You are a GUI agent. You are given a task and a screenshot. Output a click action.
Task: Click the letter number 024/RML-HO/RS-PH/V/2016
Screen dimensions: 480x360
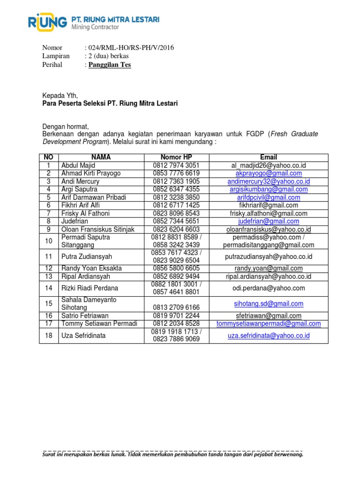[129, 48]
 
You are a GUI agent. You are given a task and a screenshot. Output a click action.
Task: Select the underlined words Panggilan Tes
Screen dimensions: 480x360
[110, 65]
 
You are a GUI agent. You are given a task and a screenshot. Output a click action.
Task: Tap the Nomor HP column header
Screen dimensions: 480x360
[176, 157]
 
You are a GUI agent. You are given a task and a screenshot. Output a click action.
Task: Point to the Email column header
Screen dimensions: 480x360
[269, 157]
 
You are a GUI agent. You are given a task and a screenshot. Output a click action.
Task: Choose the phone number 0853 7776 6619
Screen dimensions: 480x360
[176, 173]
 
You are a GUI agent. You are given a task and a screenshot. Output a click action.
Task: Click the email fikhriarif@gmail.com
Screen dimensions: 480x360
[269, 205]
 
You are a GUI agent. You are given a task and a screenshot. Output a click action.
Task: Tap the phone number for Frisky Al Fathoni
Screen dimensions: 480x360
[176, 213]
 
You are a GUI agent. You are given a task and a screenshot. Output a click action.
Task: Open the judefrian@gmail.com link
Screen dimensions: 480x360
[269, 221]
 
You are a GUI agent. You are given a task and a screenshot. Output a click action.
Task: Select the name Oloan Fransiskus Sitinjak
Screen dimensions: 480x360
[98, 229]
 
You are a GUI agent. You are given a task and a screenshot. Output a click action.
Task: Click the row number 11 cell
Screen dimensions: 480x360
[48, 256]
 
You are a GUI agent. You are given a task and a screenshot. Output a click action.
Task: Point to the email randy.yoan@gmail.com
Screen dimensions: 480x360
[269, 268]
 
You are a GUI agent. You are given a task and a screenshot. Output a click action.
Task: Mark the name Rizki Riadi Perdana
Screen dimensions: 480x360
[90, 288]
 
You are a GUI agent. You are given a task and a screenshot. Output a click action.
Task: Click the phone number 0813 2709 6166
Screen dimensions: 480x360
[176, 307]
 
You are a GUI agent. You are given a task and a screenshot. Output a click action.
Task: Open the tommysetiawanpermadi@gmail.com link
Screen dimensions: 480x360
[269, 323]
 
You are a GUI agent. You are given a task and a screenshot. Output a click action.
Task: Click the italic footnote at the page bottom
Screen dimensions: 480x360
[173, 454]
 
